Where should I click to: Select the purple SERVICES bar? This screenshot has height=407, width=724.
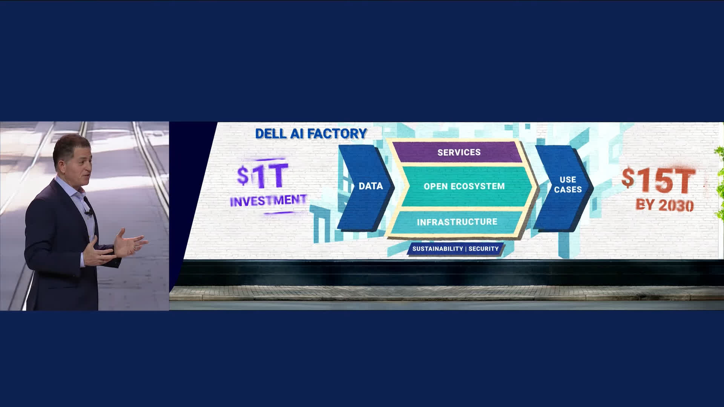click(459, 152)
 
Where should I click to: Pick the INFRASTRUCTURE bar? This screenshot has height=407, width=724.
click(457, 222)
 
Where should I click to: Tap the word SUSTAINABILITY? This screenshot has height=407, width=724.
click(437, 249)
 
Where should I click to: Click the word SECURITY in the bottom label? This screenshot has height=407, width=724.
click(483, 249)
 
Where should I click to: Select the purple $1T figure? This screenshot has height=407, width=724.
click(262, 176)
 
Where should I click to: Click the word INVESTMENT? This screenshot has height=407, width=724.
click(268, 200)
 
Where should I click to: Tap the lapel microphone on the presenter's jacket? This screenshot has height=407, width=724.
click(90, 213)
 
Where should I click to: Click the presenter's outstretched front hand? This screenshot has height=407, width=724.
click(132, 241)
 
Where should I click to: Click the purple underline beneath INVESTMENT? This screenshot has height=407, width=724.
click(279, 213)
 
